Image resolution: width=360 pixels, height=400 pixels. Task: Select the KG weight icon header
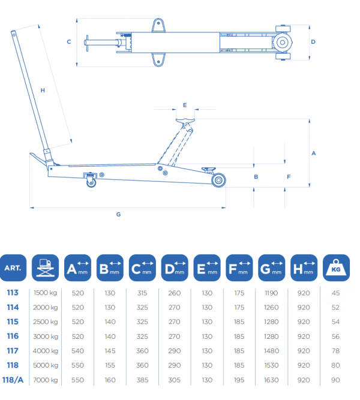[x=335, y=268]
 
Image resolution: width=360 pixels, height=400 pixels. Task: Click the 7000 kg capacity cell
[x=46, y=379]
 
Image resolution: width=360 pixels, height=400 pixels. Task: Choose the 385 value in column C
[x=143, y=379]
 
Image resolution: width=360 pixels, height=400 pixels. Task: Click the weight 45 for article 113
[x=335, y=293]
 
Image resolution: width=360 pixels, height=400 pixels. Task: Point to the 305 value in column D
[x=175, y=379]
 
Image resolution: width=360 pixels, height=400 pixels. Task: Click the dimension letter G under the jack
[x=118, y=214]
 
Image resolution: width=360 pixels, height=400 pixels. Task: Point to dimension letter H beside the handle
[x=43, y=90]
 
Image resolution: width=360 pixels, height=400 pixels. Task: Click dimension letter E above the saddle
[x=185, y=105]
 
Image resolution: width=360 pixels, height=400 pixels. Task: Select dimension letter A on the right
[x=313, y=153]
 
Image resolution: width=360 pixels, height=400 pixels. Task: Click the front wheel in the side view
[x=218, y=180]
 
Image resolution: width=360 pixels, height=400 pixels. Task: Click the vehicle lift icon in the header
[x=46, y=268]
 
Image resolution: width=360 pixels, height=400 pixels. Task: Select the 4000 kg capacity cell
[x=46, y=350]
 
